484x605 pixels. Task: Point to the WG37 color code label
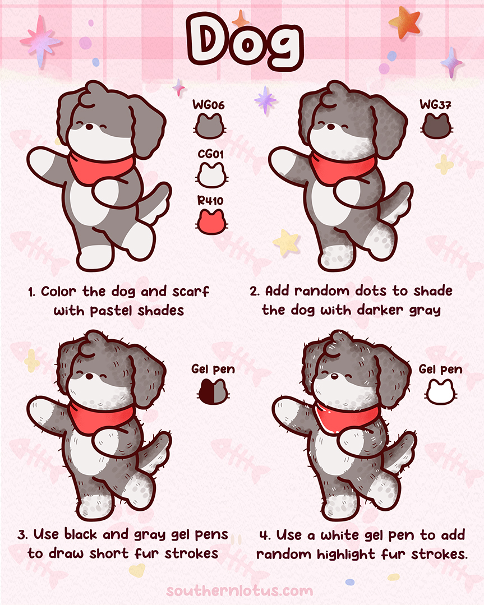(436, 105)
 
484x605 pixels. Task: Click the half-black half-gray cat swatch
(213, 391)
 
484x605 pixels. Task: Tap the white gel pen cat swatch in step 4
(440, 391)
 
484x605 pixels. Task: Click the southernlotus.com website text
(239, 590)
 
